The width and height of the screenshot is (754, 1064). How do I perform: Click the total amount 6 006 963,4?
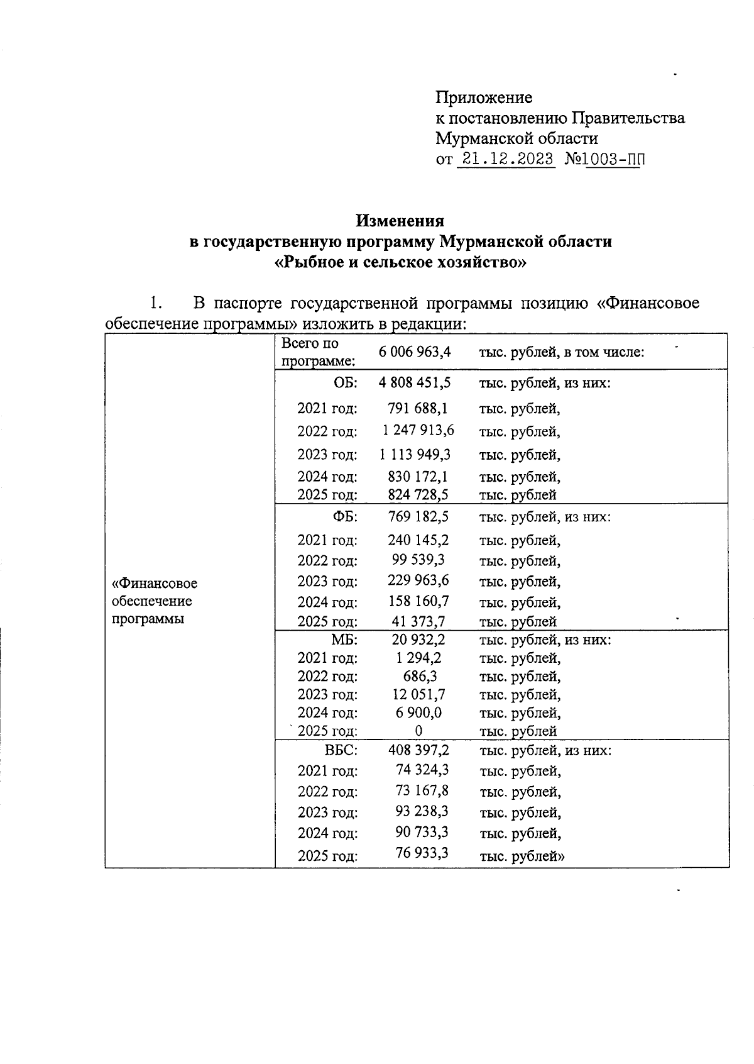point(415,352)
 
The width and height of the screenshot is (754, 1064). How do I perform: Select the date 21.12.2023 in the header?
point(506,158)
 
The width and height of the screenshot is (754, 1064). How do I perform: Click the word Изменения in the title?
point(400,221)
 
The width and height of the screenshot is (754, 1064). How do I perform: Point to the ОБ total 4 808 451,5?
point(415,382)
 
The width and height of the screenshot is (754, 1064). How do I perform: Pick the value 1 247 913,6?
point(418,431)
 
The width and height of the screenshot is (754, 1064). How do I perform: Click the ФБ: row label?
point(344,517)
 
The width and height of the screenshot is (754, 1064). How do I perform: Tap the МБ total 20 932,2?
point(418,640)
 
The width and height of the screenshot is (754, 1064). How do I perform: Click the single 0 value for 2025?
point(418,731)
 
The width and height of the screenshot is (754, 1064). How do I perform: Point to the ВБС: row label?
point(341,750)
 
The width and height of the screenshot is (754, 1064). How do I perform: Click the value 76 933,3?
point(422,853)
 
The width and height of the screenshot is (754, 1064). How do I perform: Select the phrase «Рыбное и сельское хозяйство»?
point(400,262)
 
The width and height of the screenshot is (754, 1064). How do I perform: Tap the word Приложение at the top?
point(484,97)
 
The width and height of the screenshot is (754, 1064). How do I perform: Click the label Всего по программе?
point(317,352)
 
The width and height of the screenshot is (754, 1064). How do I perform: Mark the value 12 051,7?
point(418,694)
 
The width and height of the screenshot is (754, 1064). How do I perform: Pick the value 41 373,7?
point(418,621)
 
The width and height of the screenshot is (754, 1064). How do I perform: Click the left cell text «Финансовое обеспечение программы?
point(155,601)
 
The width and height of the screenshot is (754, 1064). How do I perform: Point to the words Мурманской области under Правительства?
point(516,138)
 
